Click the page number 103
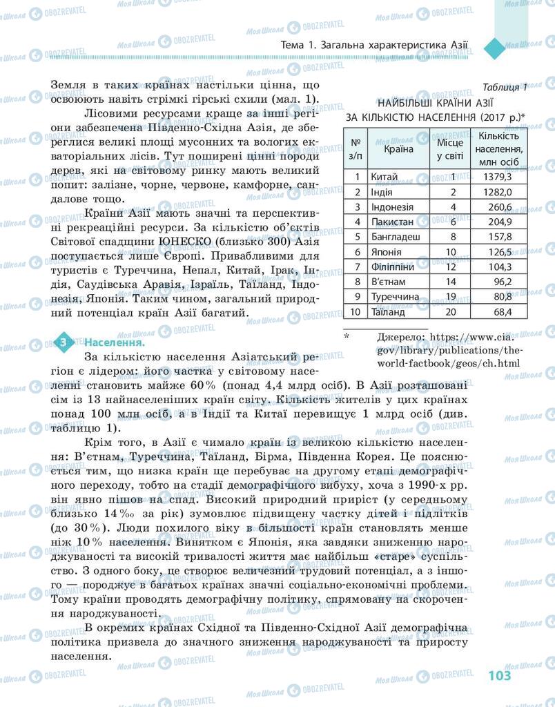pos(499,675)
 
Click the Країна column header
pos(399,148)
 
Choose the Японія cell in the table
pos(387,252)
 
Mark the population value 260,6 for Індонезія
pos(499,206)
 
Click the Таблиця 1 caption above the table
pos(505,87)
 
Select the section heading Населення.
pos(115,342)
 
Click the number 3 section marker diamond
pos(63,342)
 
